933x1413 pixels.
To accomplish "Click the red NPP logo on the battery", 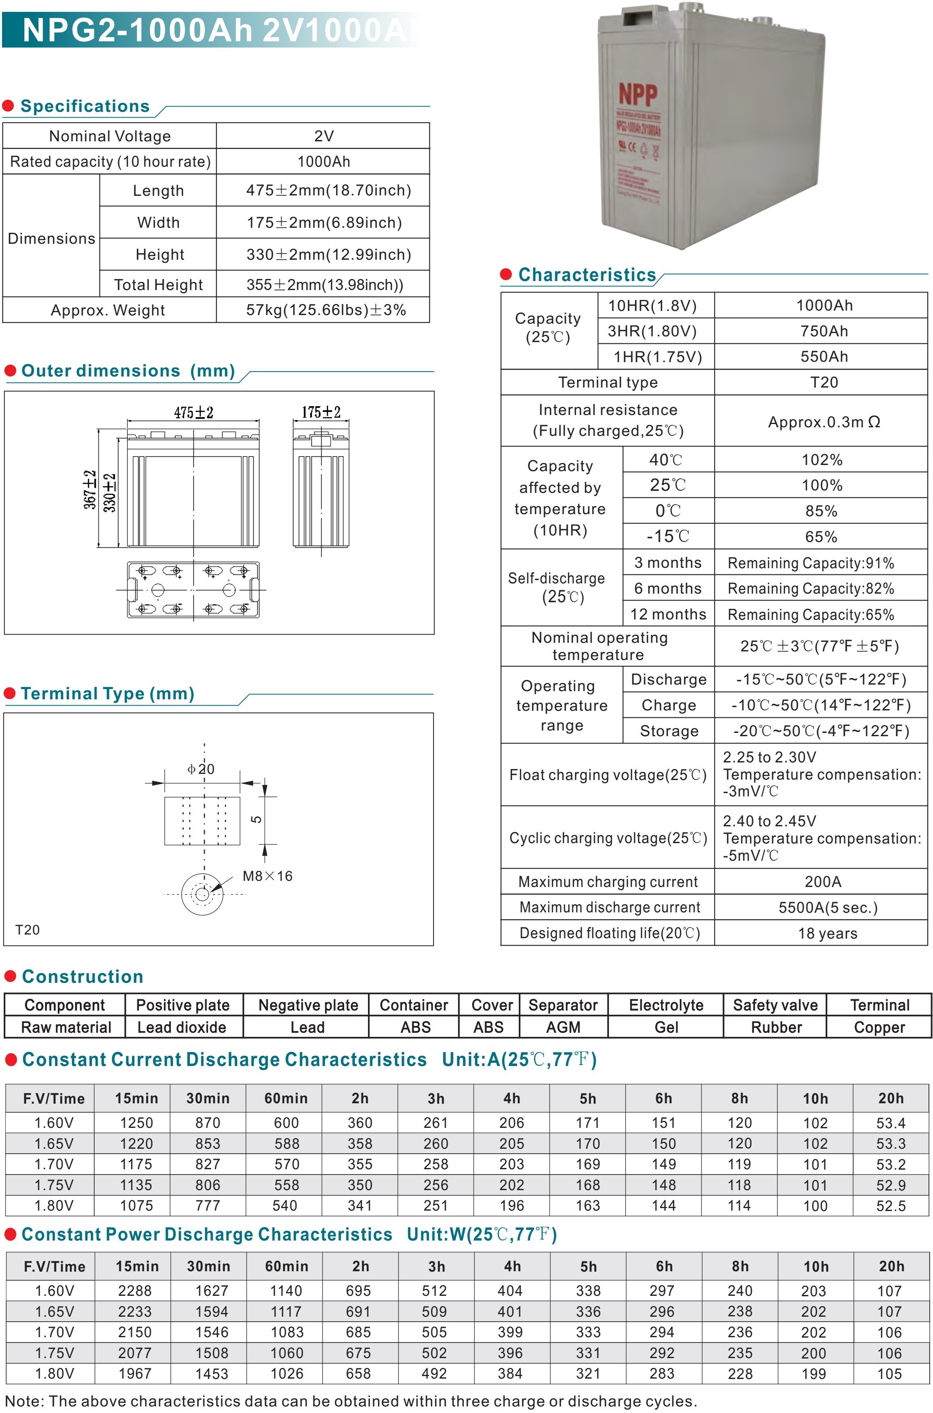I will pyautogui.click(x=638, y=94).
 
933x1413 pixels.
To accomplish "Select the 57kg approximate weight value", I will pyautogui.click(x=325, y=310).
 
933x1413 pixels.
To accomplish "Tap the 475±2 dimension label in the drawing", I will pyautogui.click(x=193, y=412).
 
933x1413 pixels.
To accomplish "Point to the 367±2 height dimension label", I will pyautogui.click(x=90, y=490).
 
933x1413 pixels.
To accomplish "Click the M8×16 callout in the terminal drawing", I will pyautogui.click(x=267, y=876).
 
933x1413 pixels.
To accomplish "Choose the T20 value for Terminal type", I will pyautogui.click(x=824, y=382).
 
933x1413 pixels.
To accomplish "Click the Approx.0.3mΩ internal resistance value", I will pyautogui.click(x=824, y=422).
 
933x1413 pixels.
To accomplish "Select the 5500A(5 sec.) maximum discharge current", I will pyautogui.click(x=828, y=907).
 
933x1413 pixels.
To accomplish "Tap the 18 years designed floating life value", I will pyautogui.click(x=828, y=933).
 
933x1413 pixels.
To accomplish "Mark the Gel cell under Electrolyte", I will pyautogui.click(x=666, y=1027).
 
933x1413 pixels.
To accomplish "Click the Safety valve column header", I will pyautogui.click(x=775, y=1005).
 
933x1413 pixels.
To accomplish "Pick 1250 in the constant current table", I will pyautogui.click(x=136, y=1123).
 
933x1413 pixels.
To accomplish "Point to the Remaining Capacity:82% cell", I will pyautogui.click(x=810, y=588).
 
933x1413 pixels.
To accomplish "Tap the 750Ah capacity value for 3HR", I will pyautogui.click(x=824, y=331).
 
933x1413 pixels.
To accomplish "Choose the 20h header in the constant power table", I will pyautogui.click(x=891, y=1266).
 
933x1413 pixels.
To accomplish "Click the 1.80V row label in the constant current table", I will pyautogui.click(x=54, y=1205).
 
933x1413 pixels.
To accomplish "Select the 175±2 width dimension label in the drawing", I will pyautogui.click(x=321, y=412).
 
